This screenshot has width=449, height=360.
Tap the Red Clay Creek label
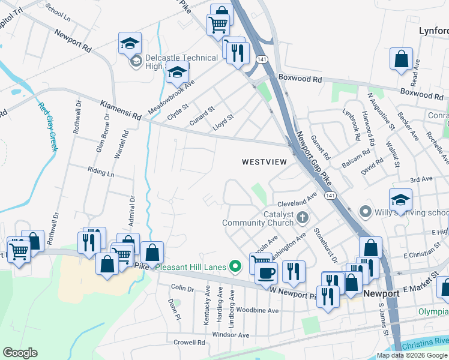[x=47, y=127]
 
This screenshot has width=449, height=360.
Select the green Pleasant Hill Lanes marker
[x=236, y=266]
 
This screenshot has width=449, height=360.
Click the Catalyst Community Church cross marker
[x=303, y=217]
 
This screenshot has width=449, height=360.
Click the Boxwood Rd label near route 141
[x=300, y=79]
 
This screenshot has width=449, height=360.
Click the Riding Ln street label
[x=101, y=173]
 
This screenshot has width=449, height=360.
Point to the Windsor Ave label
[x=230, y=334]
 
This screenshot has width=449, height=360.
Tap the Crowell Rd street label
[x=189, y=343]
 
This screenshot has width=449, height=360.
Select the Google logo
[x=20, y=353]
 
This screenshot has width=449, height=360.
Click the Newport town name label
[x=381, y=294]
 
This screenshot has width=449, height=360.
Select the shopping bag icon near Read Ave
[x=401, y=59]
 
